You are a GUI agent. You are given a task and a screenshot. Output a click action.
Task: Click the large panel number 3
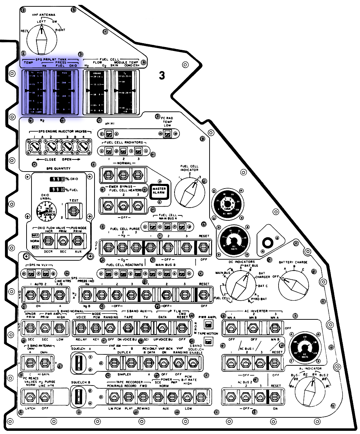point(162,75)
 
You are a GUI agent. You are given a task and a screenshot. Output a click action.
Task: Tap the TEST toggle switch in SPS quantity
point(74,211)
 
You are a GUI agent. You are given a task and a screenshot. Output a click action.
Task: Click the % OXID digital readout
point(57,179)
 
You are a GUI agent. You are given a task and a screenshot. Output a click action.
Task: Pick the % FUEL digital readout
point(57,190)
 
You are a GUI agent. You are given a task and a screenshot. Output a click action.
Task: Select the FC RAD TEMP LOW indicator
point(167,134)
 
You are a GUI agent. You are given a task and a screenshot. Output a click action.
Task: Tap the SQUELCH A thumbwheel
point(80,363)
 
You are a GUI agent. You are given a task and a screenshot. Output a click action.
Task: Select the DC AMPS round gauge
point(228,204)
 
